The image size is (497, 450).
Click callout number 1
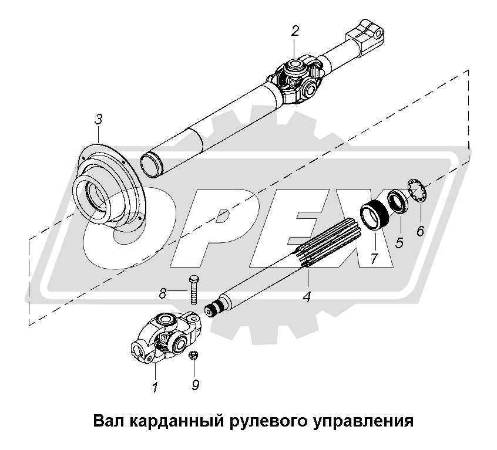155,388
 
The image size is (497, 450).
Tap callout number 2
295,31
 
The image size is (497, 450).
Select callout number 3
99,120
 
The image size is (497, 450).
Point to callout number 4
307,296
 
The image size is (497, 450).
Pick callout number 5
399,243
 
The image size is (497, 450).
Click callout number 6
420,231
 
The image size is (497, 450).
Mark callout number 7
374,258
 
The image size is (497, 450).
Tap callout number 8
163,294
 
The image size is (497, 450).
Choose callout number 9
196,385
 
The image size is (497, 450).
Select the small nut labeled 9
192,355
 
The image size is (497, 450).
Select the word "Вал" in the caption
109,421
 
